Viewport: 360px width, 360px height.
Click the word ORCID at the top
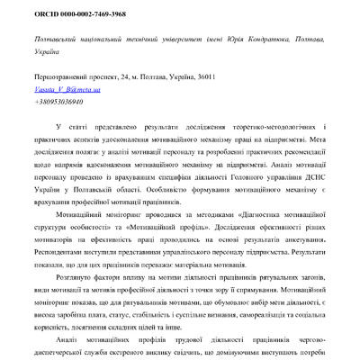coord(47,16)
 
